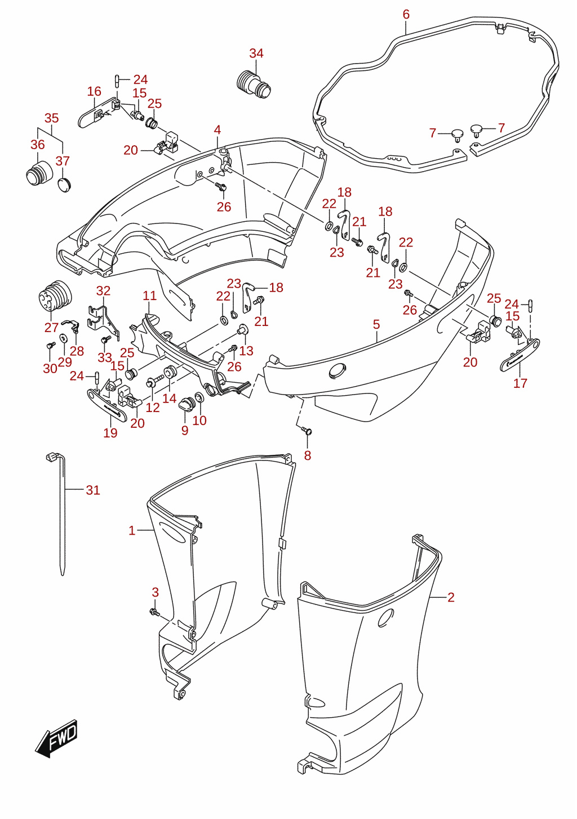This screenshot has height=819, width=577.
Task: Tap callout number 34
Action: pyautogui.click(x=256, y=53)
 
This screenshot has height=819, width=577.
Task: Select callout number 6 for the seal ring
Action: pyautogui.click(x=406, y=14)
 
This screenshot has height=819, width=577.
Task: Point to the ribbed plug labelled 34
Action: pyautogui.click(x=254, y=84)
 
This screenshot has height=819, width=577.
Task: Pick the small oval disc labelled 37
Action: pyautogui.click(x=64, y=185)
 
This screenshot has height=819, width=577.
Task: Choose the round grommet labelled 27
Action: pyautogui.click(x=55, y=296)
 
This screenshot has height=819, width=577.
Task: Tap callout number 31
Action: pyautogui.click(x=93, y=490)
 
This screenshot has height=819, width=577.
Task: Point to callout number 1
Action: pyautogui.click(x=132, y=530)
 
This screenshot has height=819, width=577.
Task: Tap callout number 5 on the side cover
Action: pyautogui.click(x=376, y=324)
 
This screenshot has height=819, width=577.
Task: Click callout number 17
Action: pyautogui.click(x=520, y=383)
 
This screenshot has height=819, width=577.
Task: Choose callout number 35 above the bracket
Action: pyautogui.click(x=52, y=118)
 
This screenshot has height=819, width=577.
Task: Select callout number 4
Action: pyautogui.click(x=218, y=130)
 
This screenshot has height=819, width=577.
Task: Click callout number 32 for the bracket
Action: pyautogui.click(x=103, y=291)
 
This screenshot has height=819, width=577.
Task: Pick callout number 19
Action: pyautogui.click(x=110, y=433)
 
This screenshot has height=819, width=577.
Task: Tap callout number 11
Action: pyautogui.click(x=149, y=296)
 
